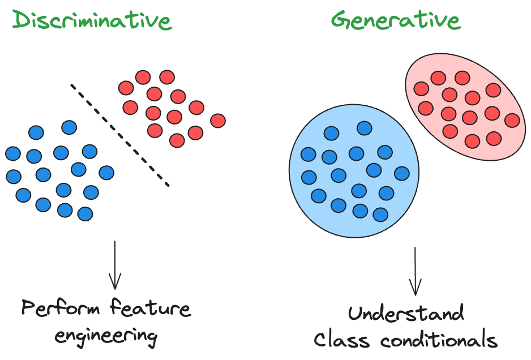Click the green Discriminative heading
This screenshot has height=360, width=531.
point(92,20)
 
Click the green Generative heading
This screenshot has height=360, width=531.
point(395,20)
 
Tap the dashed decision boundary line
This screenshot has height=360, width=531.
point(119,135)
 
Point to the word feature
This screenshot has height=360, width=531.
point(151,308)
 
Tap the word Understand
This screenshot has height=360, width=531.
point(406,313)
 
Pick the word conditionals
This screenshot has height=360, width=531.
point(439,340)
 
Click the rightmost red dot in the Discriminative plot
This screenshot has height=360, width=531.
point(218,121)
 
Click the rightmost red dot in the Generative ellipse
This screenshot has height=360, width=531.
point(512,120)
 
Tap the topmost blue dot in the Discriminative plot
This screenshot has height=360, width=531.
point(69,127)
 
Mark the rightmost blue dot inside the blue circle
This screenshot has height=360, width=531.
point(402,173)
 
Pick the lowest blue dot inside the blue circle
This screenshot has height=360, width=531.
point(380,215)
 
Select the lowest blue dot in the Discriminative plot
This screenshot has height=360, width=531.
point(85,213)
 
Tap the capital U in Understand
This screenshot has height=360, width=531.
point(356,313)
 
